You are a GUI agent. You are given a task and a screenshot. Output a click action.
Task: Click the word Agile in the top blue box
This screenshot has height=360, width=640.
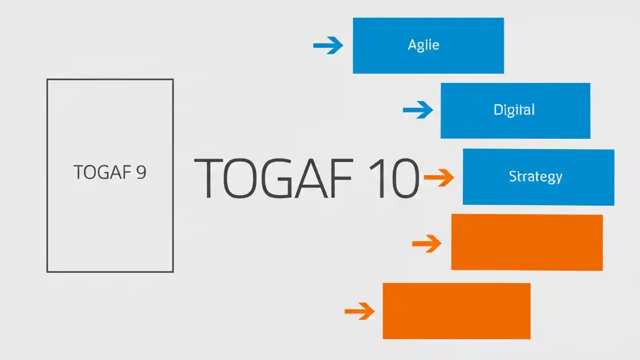[423, 45]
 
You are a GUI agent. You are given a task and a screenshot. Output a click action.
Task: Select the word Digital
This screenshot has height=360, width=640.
[514, 110]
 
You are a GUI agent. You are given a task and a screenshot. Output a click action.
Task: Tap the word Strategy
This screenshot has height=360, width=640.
[535, 176]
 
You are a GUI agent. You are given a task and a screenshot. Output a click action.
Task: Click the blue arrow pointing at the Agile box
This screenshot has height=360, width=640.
[328, 45]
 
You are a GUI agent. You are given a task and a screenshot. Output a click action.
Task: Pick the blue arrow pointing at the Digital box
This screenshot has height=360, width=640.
[418, 110]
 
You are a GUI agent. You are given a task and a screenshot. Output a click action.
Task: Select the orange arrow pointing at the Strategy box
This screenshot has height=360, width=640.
[438, 177]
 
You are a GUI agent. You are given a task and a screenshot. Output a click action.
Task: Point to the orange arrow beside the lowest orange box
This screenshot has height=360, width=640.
[359, 311]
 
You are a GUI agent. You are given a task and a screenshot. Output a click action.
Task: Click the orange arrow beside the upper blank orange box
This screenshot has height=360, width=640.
[426, 243]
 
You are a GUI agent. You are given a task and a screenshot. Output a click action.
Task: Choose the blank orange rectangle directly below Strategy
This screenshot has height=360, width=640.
[526, 242]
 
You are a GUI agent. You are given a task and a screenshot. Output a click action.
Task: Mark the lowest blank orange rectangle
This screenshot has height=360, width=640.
[456, 311]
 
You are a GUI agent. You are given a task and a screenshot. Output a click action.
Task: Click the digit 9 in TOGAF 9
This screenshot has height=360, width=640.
[140, 172]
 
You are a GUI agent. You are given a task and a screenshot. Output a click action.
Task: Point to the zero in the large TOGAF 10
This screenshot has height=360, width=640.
[403, 178]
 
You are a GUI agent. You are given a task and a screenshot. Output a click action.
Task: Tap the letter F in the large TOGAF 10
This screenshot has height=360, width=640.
[341, 178]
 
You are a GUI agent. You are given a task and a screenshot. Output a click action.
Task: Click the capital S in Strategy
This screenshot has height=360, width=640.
[513, 176]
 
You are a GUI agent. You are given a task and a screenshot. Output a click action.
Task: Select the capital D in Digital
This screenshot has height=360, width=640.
[498, 110]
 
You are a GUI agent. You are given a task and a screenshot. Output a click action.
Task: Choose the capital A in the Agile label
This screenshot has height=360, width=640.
[412, 45]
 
